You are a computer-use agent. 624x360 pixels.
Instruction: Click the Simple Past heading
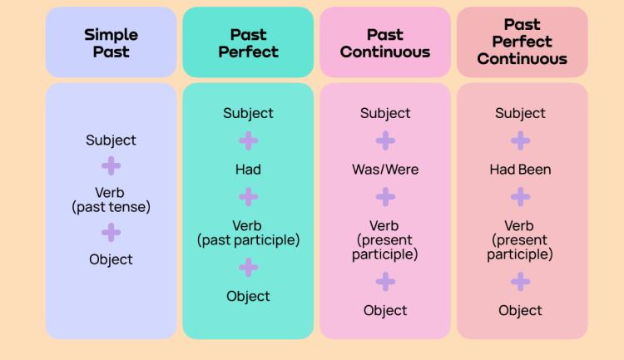tap(111, 42)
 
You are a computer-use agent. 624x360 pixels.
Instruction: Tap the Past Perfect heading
tap(248, 42)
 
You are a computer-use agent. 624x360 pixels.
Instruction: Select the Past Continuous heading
tap(385, 42)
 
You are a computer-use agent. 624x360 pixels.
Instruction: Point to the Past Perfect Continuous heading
tap(522, 42)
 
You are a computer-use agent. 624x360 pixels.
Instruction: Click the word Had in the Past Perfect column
tap(248, 170)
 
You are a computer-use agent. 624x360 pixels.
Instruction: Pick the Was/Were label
tap(385, 170)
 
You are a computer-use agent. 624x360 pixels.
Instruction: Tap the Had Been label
tap(520, 170)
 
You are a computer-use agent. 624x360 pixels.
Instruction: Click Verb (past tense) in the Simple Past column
tap(111, 200)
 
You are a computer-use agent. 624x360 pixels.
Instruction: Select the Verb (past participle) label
tap(248, 233)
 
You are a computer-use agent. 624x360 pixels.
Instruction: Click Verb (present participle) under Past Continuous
tap(384, 240)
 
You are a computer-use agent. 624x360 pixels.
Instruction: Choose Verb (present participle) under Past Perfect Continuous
tap(520, 240)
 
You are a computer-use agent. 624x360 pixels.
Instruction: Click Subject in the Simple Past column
tap(111, 141)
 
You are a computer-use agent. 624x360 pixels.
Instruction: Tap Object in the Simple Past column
tap(111, 259)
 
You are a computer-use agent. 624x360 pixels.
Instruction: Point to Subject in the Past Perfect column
tap(248, 113)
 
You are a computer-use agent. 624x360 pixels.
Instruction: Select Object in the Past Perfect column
tap(248, 296)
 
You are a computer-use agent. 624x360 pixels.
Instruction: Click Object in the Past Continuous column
tap(385, 311)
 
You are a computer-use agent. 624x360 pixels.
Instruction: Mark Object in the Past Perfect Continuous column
tap(520, 311)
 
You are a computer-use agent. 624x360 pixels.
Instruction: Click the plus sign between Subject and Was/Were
tap(385, 141)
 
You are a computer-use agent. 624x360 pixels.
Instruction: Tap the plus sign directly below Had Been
tap(520, 197)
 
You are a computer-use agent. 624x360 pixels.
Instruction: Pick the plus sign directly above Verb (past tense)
tap(111, 166)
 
